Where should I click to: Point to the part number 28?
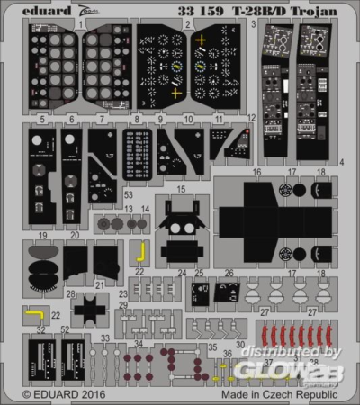click(x=70, y=293)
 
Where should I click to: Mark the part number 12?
click(x=251, y=118)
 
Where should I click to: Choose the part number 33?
click(x=105, y=337)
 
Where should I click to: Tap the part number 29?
click(x=122, y=306)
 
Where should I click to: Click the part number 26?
click(x=229, y=273)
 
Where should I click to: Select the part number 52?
click(x=64, y=329)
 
